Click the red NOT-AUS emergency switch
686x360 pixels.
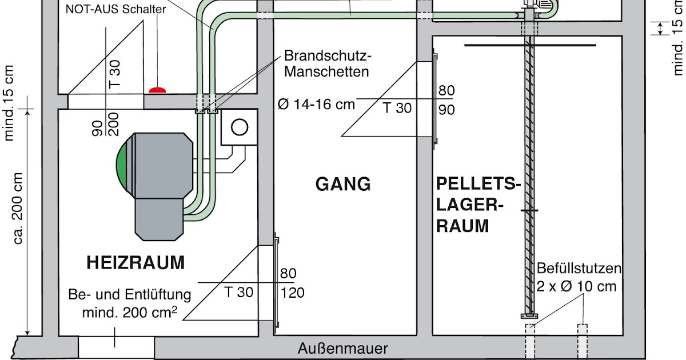[x=158, y=90]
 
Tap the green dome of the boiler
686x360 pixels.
[x=121, y=166]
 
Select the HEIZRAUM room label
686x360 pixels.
[x=136, y=263]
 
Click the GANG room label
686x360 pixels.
[x=343, y=185]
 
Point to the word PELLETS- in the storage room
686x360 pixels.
[x=478, y=184]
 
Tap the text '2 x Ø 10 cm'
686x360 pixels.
[x=576, y=286]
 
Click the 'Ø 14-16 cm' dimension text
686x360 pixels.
[x=316, y=105]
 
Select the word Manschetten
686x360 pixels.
[x=326, y=72]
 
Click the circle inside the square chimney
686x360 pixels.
[x=239, y=127]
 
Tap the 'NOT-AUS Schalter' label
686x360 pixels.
[x=115, y=9]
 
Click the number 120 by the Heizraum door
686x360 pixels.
[x=292, y=293]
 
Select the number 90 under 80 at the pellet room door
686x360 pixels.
[x=446, y=109]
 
